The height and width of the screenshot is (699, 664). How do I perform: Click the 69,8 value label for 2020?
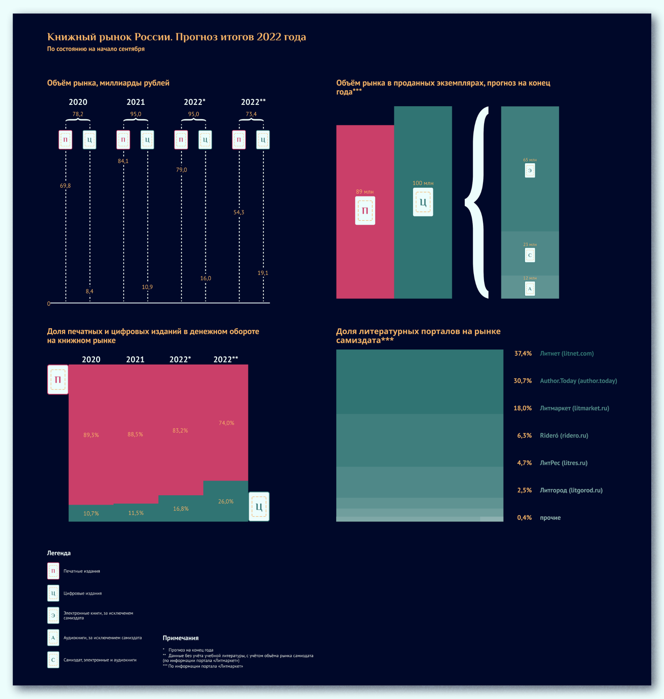tap(65, 186)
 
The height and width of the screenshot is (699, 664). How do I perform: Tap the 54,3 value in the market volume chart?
tap(239, 212)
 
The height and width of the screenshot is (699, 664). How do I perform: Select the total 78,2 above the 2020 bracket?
tap(78, 114)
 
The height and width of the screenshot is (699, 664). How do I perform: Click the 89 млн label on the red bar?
tap(365, 192)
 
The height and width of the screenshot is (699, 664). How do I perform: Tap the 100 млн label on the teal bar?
tap(423, 183)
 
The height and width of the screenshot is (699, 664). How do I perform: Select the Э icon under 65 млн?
tap(529, 171)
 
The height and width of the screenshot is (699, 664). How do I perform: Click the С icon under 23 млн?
tap(529, 255)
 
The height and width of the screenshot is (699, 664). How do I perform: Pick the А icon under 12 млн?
tap(529, 289)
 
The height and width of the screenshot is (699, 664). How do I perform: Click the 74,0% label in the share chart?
tap(226, 423)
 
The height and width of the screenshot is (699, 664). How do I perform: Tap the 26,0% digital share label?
tap(225, 502)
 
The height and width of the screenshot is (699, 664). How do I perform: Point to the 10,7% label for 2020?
tap(91, 513)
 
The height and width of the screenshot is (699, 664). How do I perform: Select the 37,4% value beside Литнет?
tap(523, 354)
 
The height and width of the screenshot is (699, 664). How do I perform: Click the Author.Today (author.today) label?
tap(578, 381)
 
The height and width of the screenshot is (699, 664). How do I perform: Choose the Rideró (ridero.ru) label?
tap(564, 436)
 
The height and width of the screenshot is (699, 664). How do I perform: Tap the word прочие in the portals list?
tap(550, 518)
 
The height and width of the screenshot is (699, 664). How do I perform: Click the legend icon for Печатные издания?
tap(53, 571)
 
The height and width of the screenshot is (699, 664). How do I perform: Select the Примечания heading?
tap(181, 638)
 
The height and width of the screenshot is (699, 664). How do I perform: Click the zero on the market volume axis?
tap(49, 304)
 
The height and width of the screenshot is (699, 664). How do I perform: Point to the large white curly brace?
tap(478, 202)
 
